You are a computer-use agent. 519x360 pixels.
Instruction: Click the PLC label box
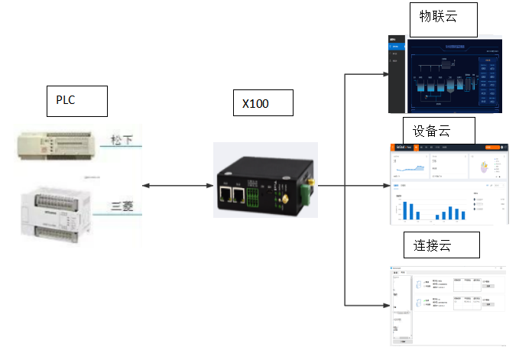point(76,101)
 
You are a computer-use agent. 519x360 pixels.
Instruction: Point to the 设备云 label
point(439,130)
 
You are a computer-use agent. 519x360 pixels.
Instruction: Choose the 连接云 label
point(441,244)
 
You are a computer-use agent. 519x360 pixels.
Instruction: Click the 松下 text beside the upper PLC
point(122,141)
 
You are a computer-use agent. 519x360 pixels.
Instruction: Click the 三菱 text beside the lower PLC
point(123,206)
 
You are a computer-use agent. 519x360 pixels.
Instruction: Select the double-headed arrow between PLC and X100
point(177,186)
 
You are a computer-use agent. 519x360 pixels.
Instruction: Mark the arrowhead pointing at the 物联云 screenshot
point(385,74)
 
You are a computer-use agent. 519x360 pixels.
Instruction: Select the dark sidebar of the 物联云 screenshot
point(396,73)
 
